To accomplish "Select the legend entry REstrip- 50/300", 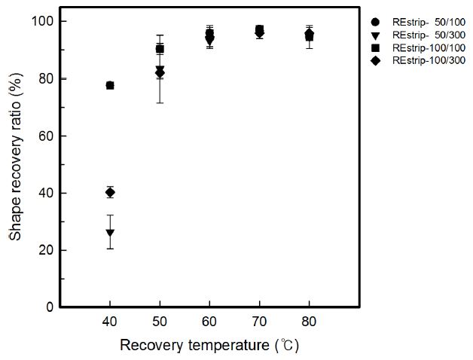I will click(x=421, y=35).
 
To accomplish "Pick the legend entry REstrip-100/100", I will click(x=421, y=47).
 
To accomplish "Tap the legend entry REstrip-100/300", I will click(x=421, y=59).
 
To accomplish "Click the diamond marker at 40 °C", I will click(x=110, y=192).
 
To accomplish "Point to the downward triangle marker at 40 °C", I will click(x=110, y=233).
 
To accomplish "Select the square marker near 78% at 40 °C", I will click(x=110, y=85).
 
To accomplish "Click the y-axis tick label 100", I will click(x=44, y=21).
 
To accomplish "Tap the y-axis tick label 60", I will click(x=47, y=136).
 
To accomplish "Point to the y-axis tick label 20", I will click(x=47, y=250).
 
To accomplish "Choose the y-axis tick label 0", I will click(x=50, y=307).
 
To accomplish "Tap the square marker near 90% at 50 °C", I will click(x=160, y=49).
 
